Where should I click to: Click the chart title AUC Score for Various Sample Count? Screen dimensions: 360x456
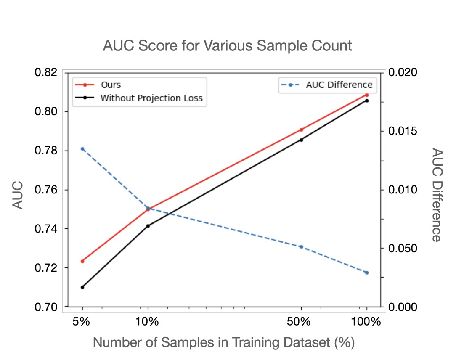tap(228, 45)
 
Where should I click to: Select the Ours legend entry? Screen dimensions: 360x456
tap(111, 85)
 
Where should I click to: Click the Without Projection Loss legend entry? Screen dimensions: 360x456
tap(151, 98)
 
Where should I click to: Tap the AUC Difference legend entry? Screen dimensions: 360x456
tap(339, 85)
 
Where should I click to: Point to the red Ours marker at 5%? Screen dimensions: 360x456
tap(82, 261)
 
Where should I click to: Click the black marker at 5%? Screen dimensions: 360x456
tap(82, 287)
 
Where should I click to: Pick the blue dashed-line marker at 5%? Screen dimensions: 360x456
tap(82, 149)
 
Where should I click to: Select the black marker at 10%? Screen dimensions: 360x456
tap(148, 226)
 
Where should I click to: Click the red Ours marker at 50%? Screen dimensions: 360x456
tap(301, 130)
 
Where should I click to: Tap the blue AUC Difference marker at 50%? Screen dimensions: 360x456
tap(301, 247)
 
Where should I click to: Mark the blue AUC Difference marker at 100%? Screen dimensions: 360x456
tap(367, 273)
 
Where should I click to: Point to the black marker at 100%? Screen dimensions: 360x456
tap(367, 101)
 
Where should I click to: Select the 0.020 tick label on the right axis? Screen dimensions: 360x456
tap(403, 73)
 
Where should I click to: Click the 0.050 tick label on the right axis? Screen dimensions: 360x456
tap(403, 248)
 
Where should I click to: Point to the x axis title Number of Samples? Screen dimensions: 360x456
tap(224, 342)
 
